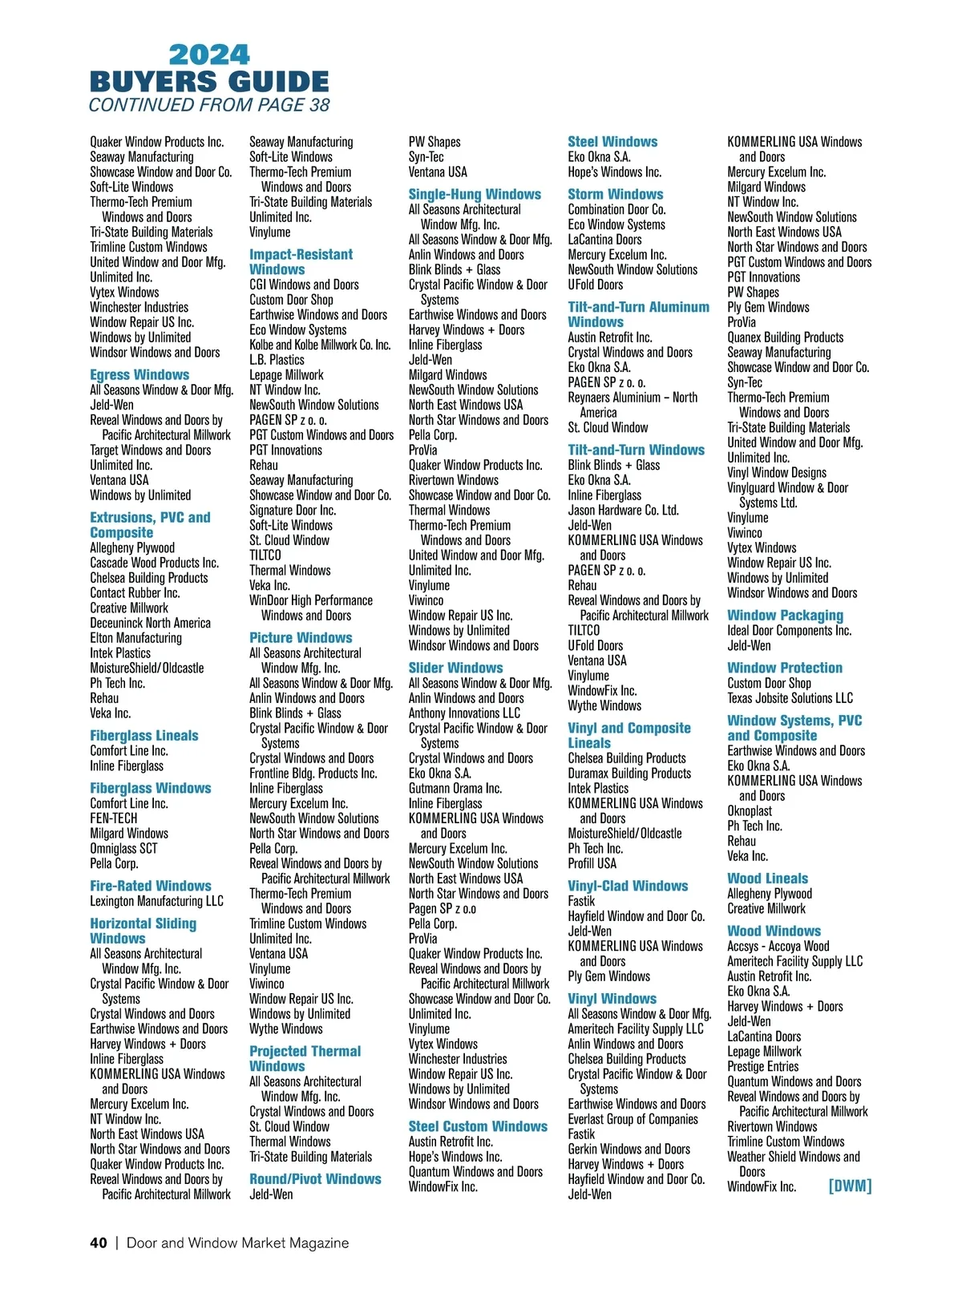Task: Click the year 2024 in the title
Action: point(209,55)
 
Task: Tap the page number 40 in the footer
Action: point(98,1242)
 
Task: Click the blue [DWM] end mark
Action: point(850,1186)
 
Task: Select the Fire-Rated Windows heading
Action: point(151,886)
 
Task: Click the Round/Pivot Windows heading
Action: point(315,1179)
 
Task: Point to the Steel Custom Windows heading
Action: point(478,1126)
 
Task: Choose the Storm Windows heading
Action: point(615,194)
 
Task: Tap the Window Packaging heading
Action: point(785,616)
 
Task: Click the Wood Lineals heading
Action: point(767,879)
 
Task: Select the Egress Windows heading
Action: point(139,374)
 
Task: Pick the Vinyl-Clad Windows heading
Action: point(628,886)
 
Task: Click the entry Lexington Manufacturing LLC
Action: point(156,901)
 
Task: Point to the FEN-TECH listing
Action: point(113,818)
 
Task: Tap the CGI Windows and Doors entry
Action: point(304,285)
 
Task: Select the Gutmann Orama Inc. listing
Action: point(455,788)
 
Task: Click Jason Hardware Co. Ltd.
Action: point(623,510)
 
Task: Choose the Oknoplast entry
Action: point(750,810)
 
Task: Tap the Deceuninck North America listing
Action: point(150,623)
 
